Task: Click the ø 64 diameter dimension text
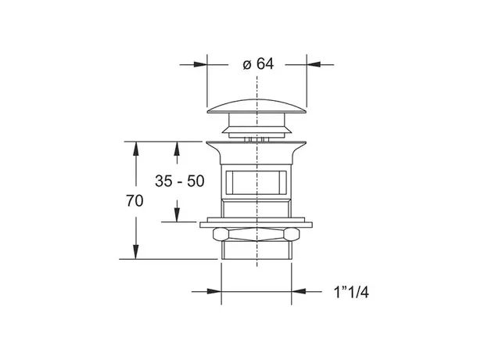pyautogui.click(x=258, y=64)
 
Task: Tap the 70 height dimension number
pyautogui.click(x=135, y=201)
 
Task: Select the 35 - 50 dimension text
pyautogui.click(x=180, y=181)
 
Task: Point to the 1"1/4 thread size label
pyautogui.click(x=351, y=293)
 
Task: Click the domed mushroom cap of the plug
pyautogui.click(x=257, y=106)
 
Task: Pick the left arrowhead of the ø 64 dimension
pyautogui.click(x=200, y=64)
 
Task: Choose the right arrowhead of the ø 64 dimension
pyautogui.click(x=314, y=64)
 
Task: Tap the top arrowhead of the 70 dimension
pyautogui.click(x=135, y=149)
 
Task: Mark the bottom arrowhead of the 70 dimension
pyautogui.click(x=135, y=252)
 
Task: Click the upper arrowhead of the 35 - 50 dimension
pyautogui.click(x=177, y=149)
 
